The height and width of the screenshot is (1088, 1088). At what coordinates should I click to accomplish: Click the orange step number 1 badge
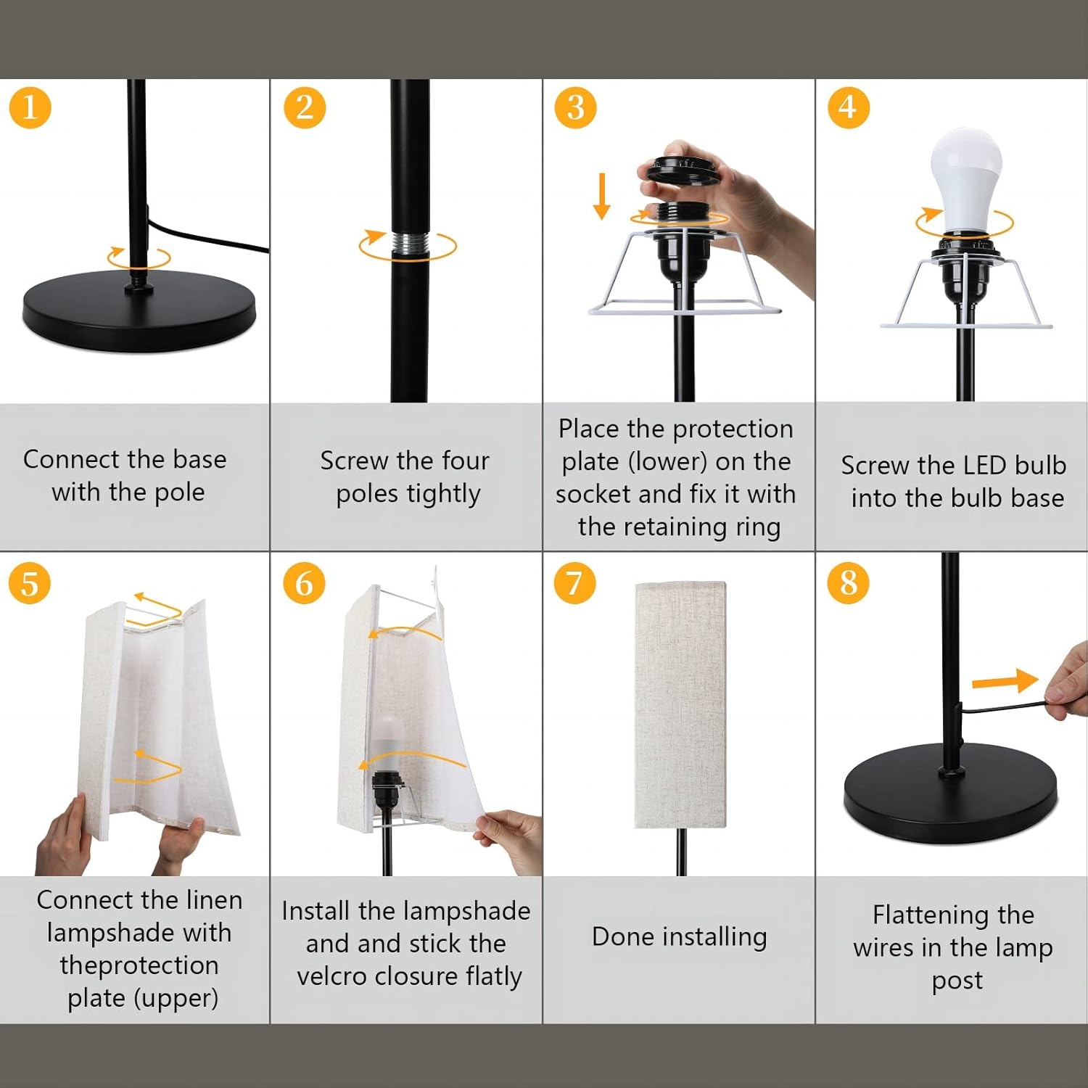coord(30,108)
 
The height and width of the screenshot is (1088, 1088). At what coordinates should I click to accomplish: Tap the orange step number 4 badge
coord(848,108)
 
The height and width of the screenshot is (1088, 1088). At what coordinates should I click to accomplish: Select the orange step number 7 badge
coord(574,583)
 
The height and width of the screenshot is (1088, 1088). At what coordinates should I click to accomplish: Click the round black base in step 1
coord(139,313)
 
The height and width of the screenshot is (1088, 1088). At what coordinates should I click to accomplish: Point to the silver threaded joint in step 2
coord(408,246)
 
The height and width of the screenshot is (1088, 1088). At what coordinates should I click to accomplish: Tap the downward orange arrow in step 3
coord(601,196)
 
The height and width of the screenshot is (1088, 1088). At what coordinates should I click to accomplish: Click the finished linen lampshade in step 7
coord(680,704)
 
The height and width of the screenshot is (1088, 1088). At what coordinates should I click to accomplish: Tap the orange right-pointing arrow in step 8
coord(1005,681)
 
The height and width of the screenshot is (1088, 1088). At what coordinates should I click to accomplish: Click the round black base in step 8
coord(950,794)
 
